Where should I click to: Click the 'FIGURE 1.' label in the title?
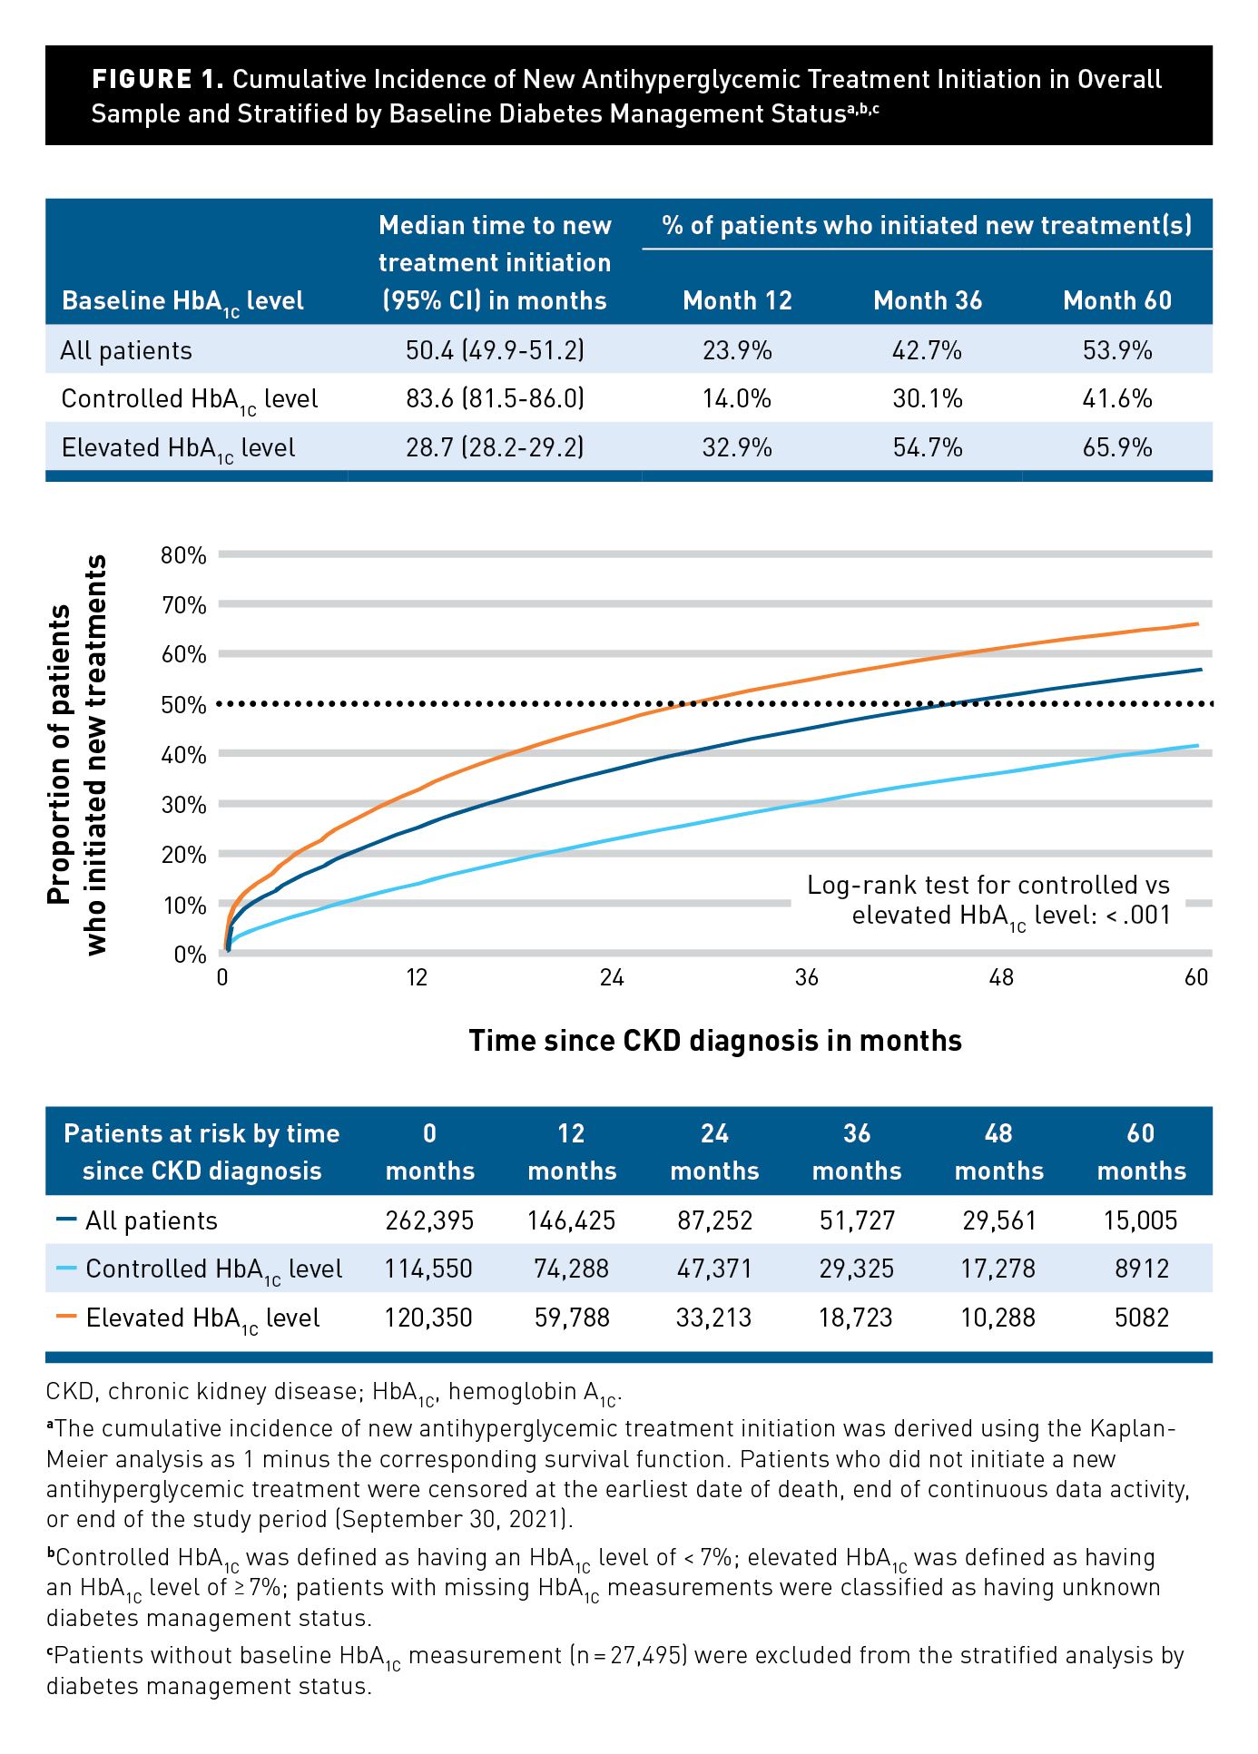157,80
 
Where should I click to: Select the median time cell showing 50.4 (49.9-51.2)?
495,350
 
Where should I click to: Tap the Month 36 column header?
928,300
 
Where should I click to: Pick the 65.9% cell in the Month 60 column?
1117,447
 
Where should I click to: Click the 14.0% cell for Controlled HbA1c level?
737,398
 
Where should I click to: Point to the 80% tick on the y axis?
183,555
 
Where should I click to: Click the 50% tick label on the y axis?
183,705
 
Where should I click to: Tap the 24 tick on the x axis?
612,977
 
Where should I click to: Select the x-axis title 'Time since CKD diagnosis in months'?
715,1040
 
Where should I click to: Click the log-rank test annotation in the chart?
989,900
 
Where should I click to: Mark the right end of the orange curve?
1198,623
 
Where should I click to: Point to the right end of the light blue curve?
1198,746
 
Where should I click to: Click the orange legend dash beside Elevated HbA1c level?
66,1317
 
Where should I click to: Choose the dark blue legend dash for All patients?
66,1220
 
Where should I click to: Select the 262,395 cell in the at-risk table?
429,1220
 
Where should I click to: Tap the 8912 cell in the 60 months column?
1142,1269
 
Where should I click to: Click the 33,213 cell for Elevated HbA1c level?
713,1318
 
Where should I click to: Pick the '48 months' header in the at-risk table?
998,1151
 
